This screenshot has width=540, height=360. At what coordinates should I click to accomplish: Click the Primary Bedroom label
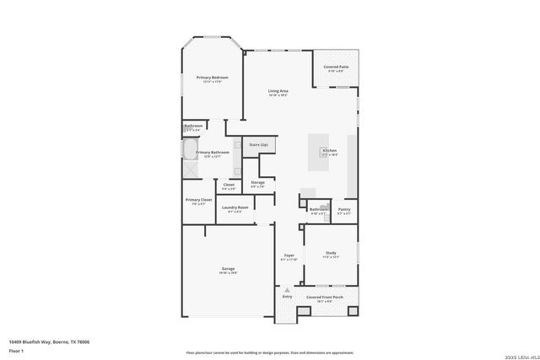[213, 78]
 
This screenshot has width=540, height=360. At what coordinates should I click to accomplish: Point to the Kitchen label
[329, 152]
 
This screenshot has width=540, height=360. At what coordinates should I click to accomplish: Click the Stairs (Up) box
[258, 145]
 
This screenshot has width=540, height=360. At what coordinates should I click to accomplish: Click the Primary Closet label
[200, 201]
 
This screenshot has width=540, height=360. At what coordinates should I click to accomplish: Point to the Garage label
[228, 269]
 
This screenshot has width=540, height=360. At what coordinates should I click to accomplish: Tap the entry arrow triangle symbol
[287, 290]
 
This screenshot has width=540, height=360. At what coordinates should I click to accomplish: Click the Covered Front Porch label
[325, 297]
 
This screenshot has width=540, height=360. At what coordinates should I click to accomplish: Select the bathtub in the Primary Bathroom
[190, 151]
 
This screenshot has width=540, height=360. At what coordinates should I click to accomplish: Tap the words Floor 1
[17, 351]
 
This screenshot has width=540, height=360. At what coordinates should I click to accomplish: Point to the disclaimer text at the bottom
[270, 352]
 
